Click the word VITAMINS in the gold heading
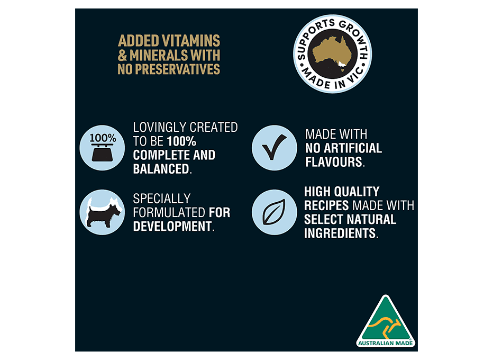pyautogui.click(x=191, y=41)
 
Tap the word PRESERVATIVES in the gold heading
pyautogui.click(x=178, y=69)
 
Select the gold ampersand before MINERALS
pyautogui.click(x=122, y=56)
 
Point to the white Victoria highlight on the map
pyautogui.click(x=342, y=65)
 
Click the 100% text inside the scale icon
pyautogui.click(x=103, y=138)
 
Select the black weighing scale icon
pyautogui.click(x=102, y=152)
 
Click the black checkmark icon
pyautogui.click(x=275, y=147)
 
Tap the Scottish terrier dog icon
pyautogui.click(x=103, y=212)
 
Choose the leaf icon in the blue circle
pyautogui.click(x=274, y=212)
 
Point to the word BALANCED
pyautogui.click(x=161, y=169)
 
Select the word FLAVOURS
pyautogui.click(x=334, y=162)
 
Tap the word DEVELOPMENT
pyautogui.click(x=172, y=227)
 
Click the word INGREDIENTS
pyautogui.click(x=340, y=233)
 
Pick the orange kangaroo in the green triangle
pyautogui.click(x=385, y=327)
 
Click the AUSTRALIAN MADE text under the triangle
pyautogui.click(x=386, y=343)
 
